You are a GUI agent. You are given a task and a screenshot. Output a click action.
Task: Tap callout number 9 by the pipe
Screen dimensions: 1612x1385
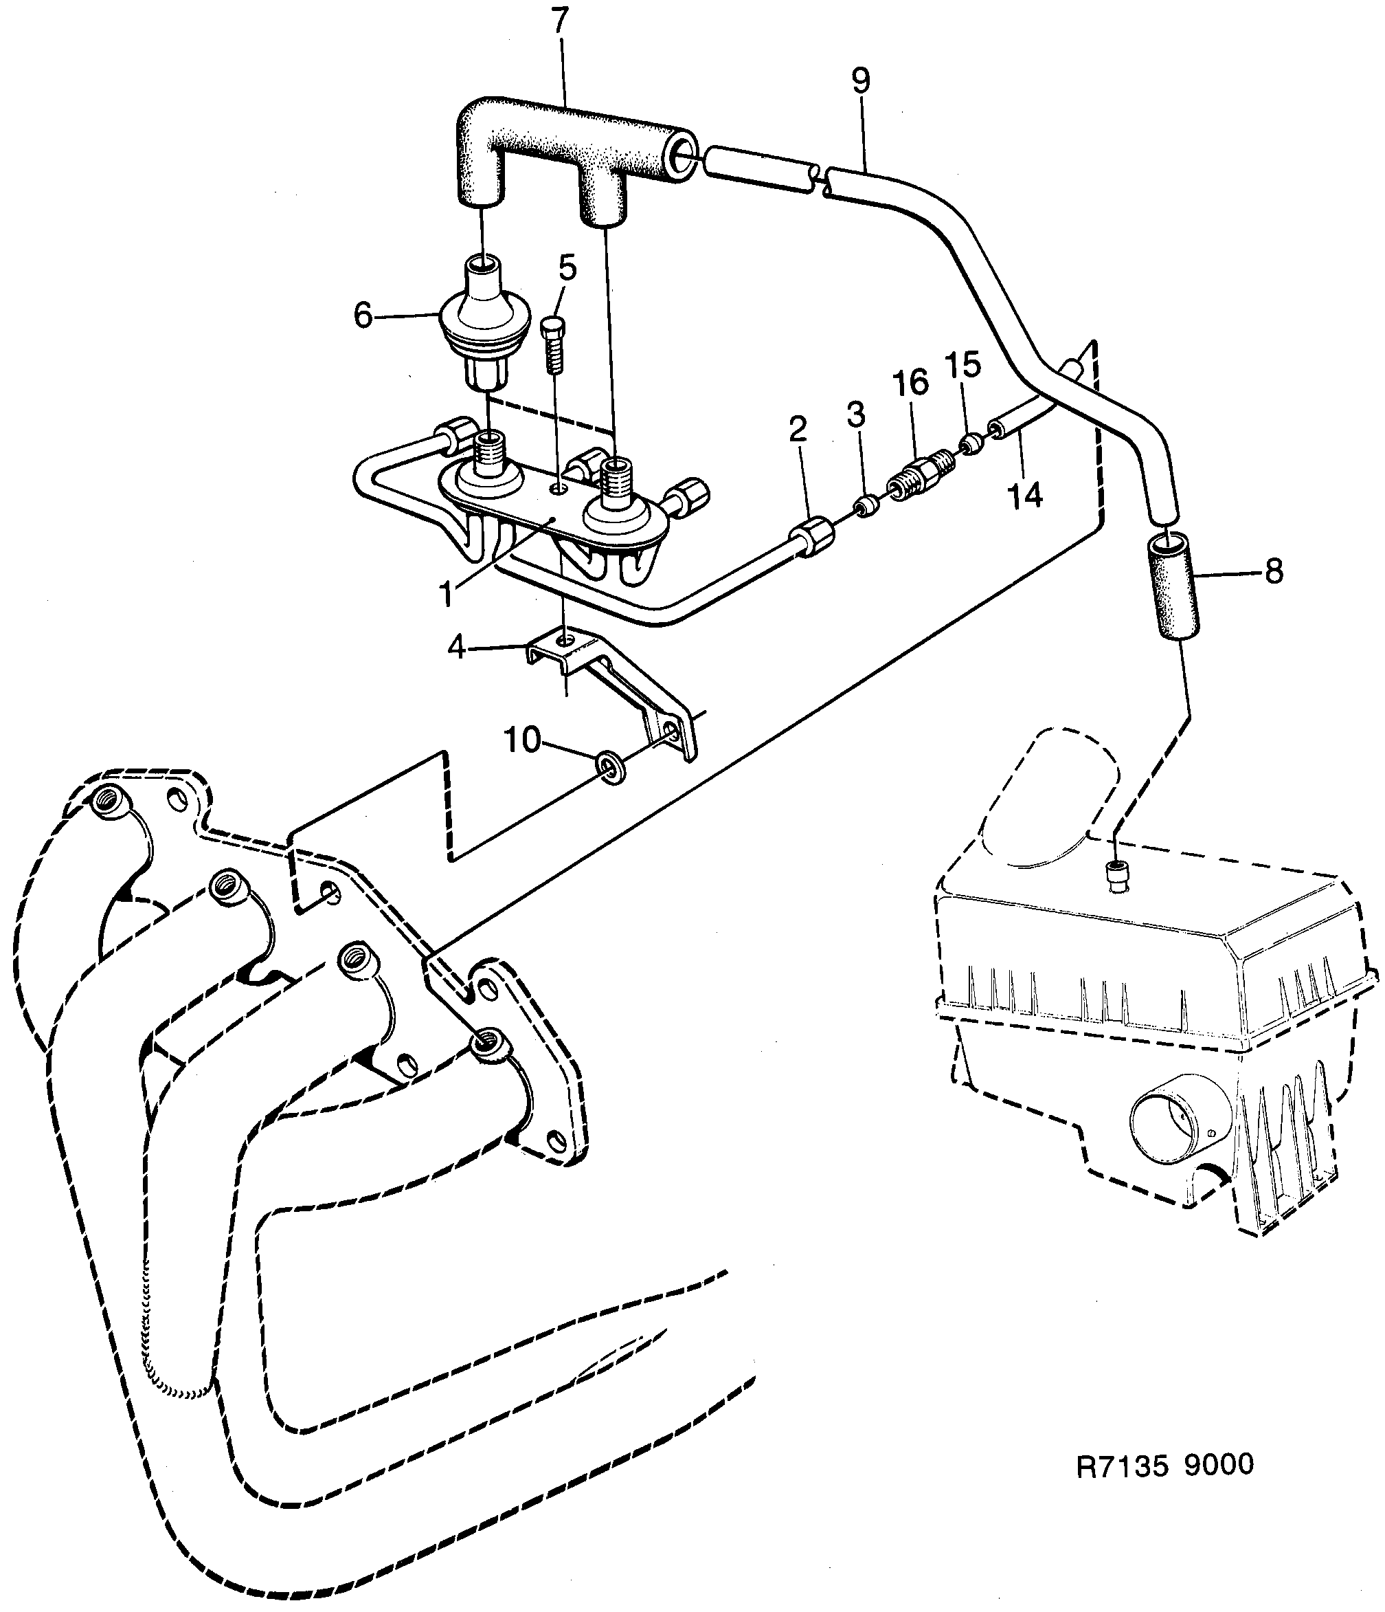[860, 80]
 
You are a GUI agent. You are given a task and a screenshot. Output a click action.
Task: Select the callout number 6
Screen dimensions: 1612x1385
[363, 316]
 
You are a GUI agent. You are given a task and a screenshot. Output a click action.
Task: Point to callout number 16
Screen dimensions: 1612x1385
[911, 384]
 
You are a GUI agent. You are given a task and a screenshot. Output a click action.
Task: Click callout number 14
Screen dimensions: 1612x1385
[1025, 495]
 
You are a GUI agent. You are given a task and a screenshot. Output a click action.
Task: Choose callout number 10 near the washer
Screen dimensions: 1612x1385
[523, 740]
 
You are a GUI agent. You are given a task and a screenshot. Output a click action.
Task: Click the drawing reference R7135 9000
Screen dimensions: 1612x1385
[1165, 1464]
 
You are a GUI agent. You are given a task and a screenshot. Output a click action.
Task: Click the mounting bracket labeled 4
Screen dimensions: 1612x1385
[614, 685]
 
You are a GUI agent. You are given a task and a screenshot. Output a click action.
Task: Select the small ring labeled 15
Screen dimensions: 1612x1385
[969, 444]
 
